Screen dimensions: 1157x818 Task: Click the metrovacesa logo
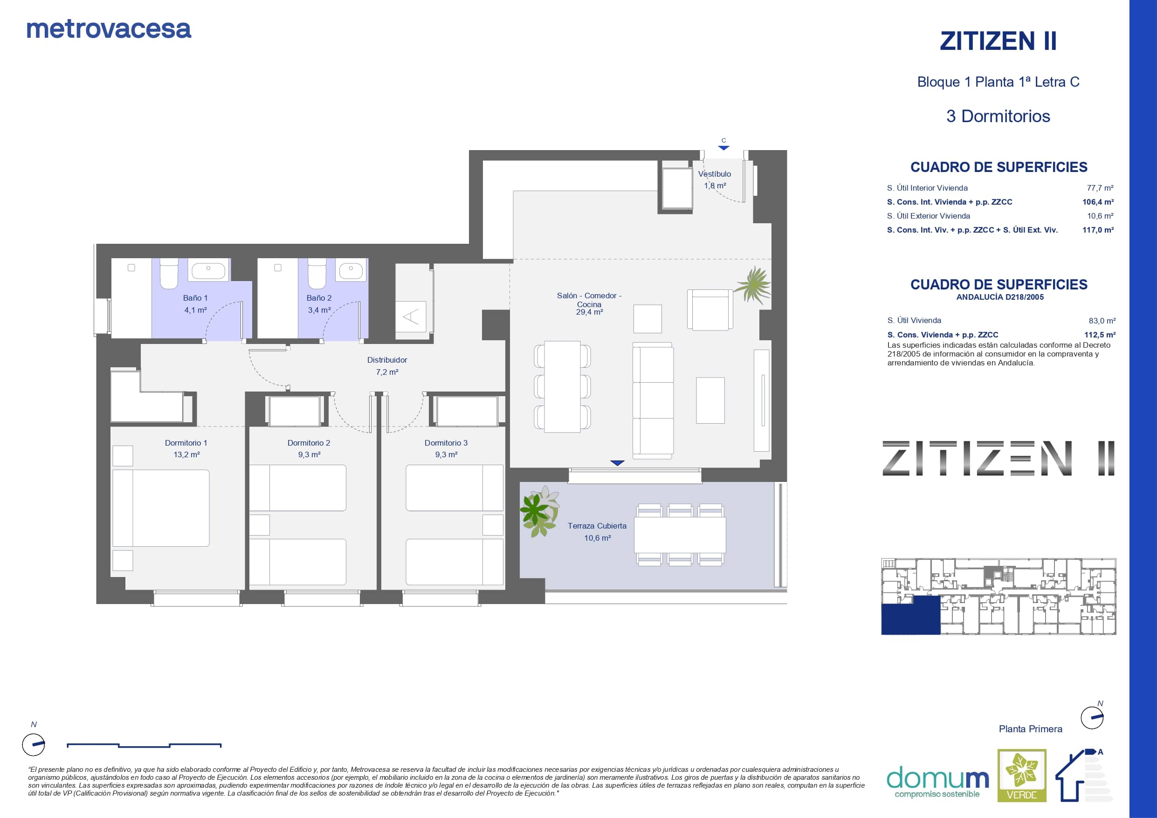pos(109,29)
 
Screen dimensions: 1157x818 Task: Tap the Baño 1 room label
pos(195,298)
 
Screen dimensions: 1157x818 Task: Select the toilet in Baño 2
pos(317,274)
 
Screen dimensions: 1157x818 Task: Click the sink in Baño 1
pos(208,271)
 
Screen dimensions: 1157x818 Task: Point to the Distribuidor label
pos(387,360)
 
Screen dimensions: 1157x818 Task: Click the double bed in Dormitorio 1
pos(161,508)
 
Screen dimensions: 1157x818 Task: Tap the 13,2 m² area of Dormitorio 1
pos(186,454)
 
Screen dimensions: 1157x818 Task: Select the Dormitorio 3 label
pos(446,443)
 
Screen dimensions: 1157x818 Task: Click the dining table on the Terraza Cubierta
pos(680,535)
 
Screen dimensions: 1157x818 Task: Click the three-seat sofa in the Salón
pos(653,401)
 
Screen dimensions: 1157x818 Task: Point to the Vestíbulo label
pos(715,174)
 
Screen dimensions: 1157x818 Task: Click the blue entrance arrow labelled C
pos(723,148)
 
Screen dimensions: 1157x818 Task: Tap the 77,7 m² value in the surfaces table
pos(1100,188)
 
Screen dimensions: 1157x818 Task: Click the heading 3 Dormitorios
pos(998,117)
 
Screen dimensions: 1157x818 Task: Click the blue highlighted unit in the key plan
pos(910,615)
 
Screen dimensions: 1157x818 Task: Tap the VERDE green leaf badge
pos(1022,775)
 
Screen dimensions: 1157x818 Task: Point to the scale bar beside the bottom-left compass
pos(144,745)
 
